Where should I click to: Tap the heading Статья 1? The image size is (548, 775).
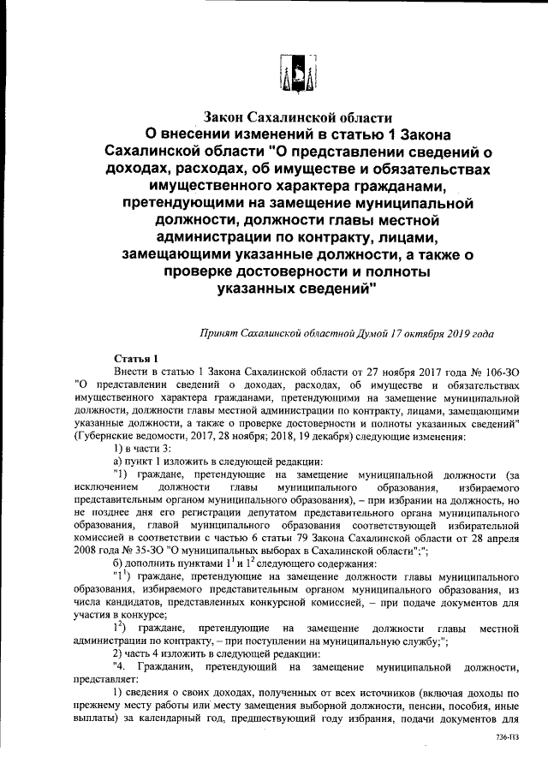[135, 357]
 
